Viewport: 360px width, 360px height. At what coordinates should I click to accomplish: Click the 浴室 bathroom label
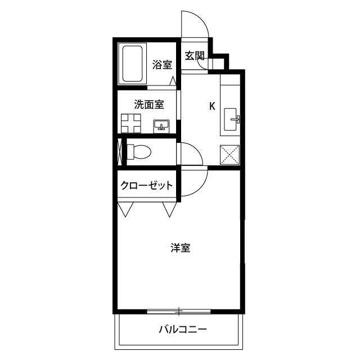click(162, 65)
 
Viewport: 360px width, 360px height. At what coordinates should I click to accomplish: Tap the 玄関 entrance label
click(195, 56)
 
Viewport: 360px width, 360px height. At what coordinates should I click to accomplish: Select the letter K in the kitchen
click(212, 105)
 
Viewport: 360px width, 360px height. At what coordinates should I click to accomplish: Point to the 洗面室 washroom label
click(149, 104)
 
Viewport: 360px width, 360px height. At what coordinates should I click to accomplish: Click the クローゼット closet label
click(146, 186)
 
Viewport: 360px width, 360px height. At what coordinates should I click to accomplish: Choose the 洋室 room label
click(180, 247)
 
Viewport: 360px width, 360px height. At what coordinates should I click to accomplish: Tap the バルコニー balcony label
click(182, 329)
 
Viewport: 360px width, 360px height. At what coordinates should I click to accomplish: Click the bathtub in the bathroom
click(133, 64)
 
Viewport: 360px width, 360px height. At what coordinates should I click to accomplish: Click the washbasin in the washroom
click(162, 125)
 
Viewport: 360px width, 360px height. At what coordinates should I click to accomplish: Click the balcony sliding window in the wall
click(178, 310)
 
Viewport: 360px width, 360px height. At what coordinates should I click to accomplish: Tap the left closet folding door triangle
click(125, 210)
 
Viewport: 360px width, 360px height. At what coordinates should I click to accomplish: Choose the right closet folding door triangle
click(169, 210)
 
